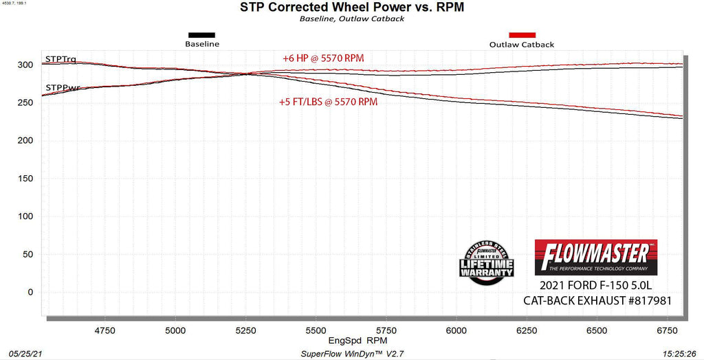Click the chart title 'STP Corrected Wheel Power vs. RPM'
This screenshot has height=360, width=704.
(352, 8)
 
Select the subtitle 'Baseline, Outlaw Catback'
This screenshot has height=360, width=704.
(352, 19)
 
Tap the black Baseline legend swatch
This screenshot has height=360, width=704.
(201, 35)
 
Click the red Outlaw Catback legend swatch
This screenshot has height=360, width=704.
(522, 35)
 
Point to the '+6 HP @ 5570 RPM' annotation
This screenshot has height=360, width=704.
(323, 58)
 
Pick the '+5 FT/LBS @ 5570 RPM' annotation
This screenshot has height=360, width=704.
(328, 102)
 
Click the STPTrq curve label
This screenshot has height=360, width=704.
(60, 59)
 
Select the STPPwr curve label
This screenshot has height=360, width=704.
(63, 88)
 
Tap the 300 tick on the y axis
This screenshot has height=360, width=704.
(26, 65)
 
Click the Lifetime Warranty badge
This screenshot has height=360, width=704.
(486, 260)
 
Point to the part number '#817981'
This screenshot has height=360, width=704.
(643, 300)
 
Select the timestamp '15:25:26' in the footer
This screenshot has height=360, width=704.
(681, 353)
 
